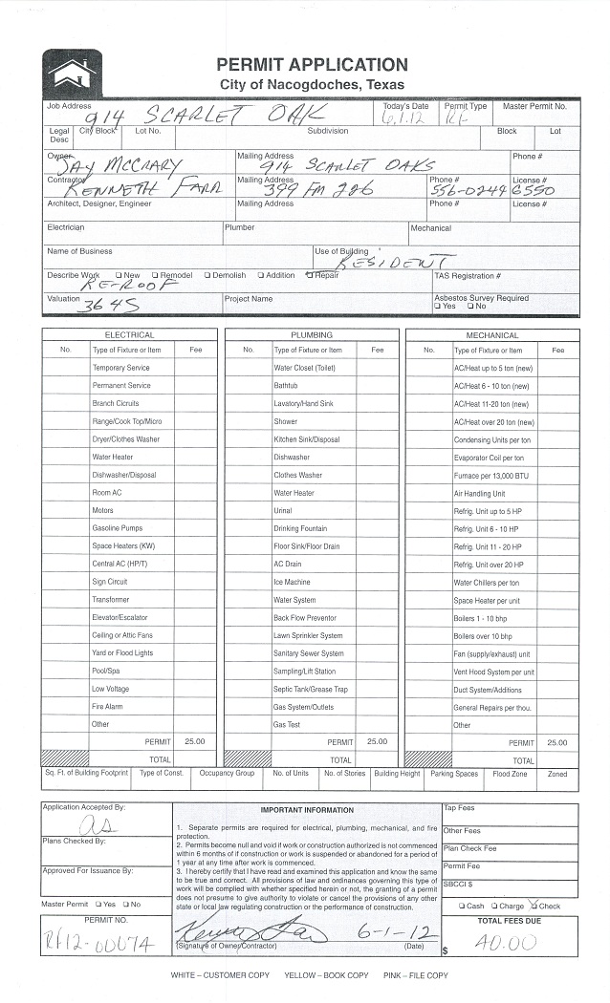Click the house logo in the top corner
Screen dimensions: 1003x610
tap(73, 73)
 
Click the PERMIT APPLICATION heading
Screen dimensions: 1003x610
tap(312, 65)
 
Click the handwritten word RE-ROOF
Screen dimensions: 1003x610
tap(119, 285)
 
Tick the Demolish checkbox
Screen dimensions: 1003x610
tap(207, 276)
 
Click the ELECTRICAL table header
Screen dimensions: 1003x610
tap(129, 335)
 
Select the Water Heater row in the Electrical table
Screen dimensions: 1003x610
tap(113, 458)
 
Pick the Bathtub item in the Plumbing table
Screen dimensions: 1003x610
tap(286, 386)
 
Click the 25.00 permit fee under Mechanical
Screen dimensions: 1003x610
tap(556, 742)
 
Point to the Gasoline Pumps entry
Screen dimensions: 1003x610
tap(117, 528)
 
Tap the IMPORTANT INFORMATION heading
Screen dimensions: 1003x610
tap(307, 810)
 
